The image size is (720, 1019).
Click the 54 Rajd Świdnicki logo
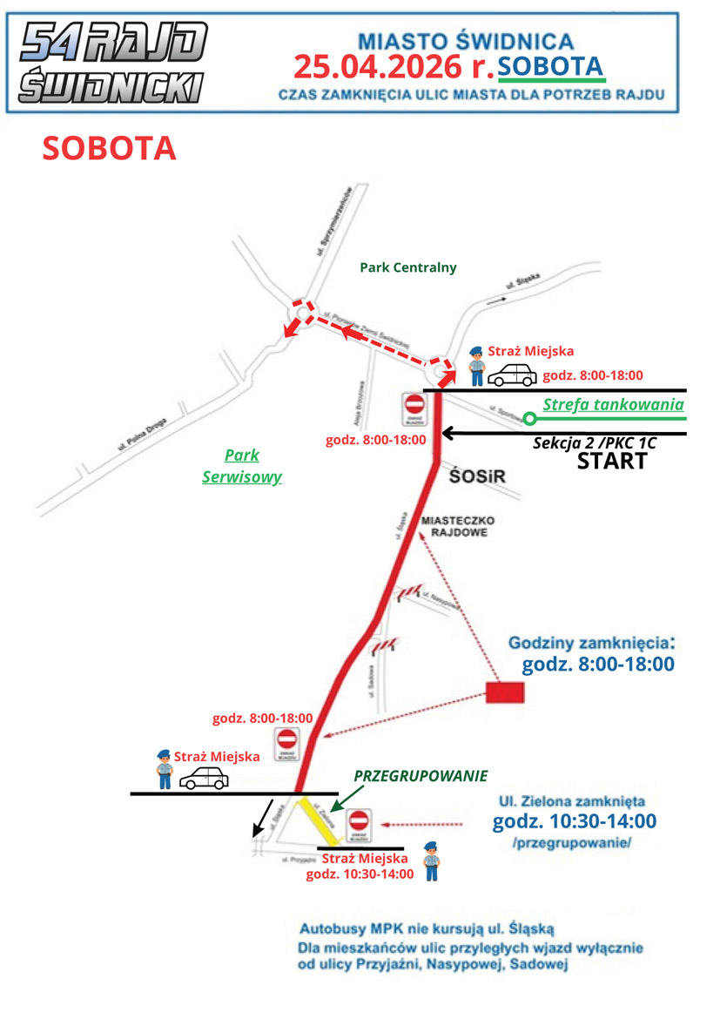111,62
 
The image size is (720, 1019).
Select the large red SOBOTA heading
110,149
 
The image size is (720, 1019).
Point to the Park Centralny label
407,267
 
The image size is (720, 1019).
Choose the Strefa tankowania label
613,405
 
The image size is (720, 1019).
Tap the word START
612,462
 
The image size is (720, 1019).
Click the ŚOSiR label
478,476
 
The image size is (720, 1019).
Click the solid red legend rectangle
505,692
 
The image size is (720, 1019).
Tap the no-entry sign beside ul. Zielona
360,824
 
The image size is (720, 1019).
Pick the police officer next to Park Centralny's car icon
475,366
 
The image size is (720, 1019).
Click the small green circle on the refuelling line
528,419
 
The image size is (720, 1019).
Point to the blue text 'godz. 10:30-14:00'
575,821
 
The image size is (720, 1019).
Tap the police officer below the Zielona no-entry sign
429,861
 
